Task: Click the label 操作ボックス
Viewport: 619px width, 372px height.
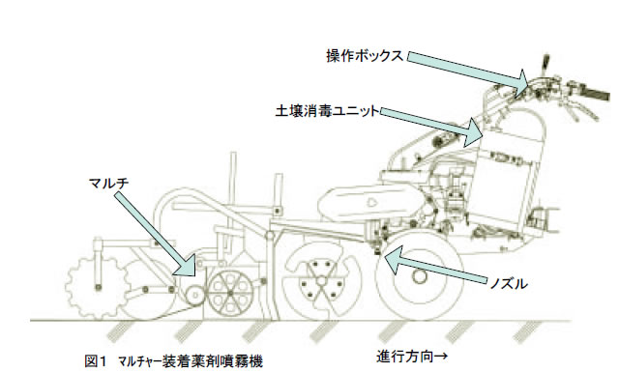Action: tap(365, 56)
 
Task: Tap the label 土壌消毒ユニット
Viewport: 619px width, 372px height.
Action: tap(327, 111)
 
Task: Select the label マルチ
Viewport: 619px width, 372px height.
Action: tap(108, 183)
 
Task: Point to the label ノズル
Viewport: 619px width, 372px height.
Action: tap(508, 283)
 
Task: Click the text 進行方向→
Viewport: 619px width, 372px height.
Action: tap(412, 357)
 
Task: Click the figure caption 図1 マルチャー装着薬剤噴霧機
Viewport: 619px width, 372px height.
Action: tap(174, 360)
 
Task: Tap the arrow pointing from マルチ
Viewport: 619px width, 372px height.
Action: tap(155, 233)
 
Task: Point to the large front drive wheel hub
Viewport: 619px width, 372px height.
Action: tap(419, 275)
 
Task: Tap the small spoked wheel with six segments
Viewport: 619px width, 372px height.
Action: tap(230, 293)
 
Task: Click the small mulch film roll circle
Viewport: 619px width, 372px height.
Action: tap(194, 295)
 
